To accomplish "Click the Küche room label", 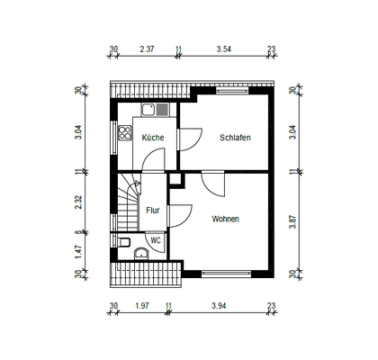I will tap(152, 138).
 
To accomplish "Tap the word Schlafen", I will tap(234, 138).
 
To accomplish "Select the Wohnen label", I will tap(226, 219).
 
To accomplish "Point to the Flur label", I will tap(153, 211).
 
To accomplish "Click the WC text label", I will tap(155, 240).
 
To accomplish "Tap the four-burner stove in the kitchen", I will tap(123, 136).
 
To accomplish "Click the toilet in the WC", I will tap(125, 241).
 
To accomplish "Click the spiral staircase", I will tap(127, 200).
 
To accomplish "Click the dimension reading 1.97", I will tap(140, 306).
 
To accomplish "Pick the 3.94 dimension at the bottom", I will tap(220, 306).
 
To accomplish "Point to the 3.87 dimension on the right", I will tap(291, 221).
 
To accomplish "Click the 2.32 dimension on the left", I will tap(78, 203).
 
